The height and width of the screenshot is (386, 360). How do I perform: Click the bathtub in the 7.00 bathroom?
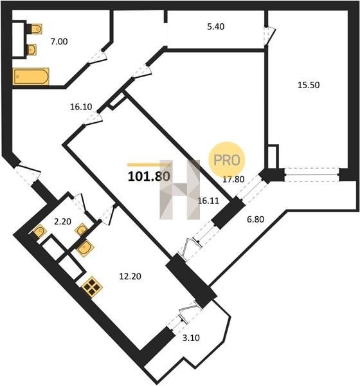click(31, 77)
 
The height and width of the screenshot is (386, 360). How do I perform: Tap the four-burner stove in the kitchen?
click(92, 287)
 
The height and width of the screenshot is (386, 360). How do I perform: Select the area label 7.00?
click(59, 42)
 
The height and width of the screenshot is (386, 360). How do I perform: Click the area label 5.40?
click(215, 26)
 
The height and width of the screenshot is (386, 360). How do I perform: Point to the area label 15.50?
click(309, 85)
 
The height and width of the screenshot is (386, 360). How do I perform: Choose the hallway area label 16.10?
click(81, 107)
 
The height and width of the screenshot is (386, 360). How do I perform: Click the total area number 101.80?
click(149, 176)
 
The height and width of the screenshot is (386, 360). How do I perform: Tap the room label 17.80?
click(233, 179)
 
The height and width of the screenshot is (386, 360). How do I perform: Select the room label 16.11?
click(208, 201)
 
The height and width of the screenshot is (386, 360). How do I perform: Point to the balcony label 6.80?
click(256, 219)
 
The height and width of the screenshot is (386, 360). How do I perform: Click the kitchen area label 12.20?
click(130, 277)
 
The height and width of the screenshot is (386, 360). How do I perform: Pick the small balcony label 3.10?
click(191, 338)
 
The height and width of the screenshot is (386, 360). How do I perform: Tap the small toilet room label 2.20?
click(62, 221)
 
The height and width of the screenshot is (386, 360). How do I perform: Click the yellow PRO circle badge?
click(227, 160)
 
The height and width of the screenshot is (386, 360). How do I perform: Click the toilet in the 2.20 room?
click(39, 232)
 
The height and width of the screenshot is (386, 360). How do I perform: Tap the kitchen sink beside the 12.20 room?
click(85, 248)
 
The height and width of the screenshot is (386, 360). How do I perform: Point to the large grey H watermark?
click(179, 190)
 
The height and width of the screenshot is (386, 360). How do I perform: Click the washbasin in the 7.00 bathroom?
click(32, 50)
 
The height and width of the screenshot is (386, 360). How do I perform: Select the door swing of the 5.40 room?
click(269, 36)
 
